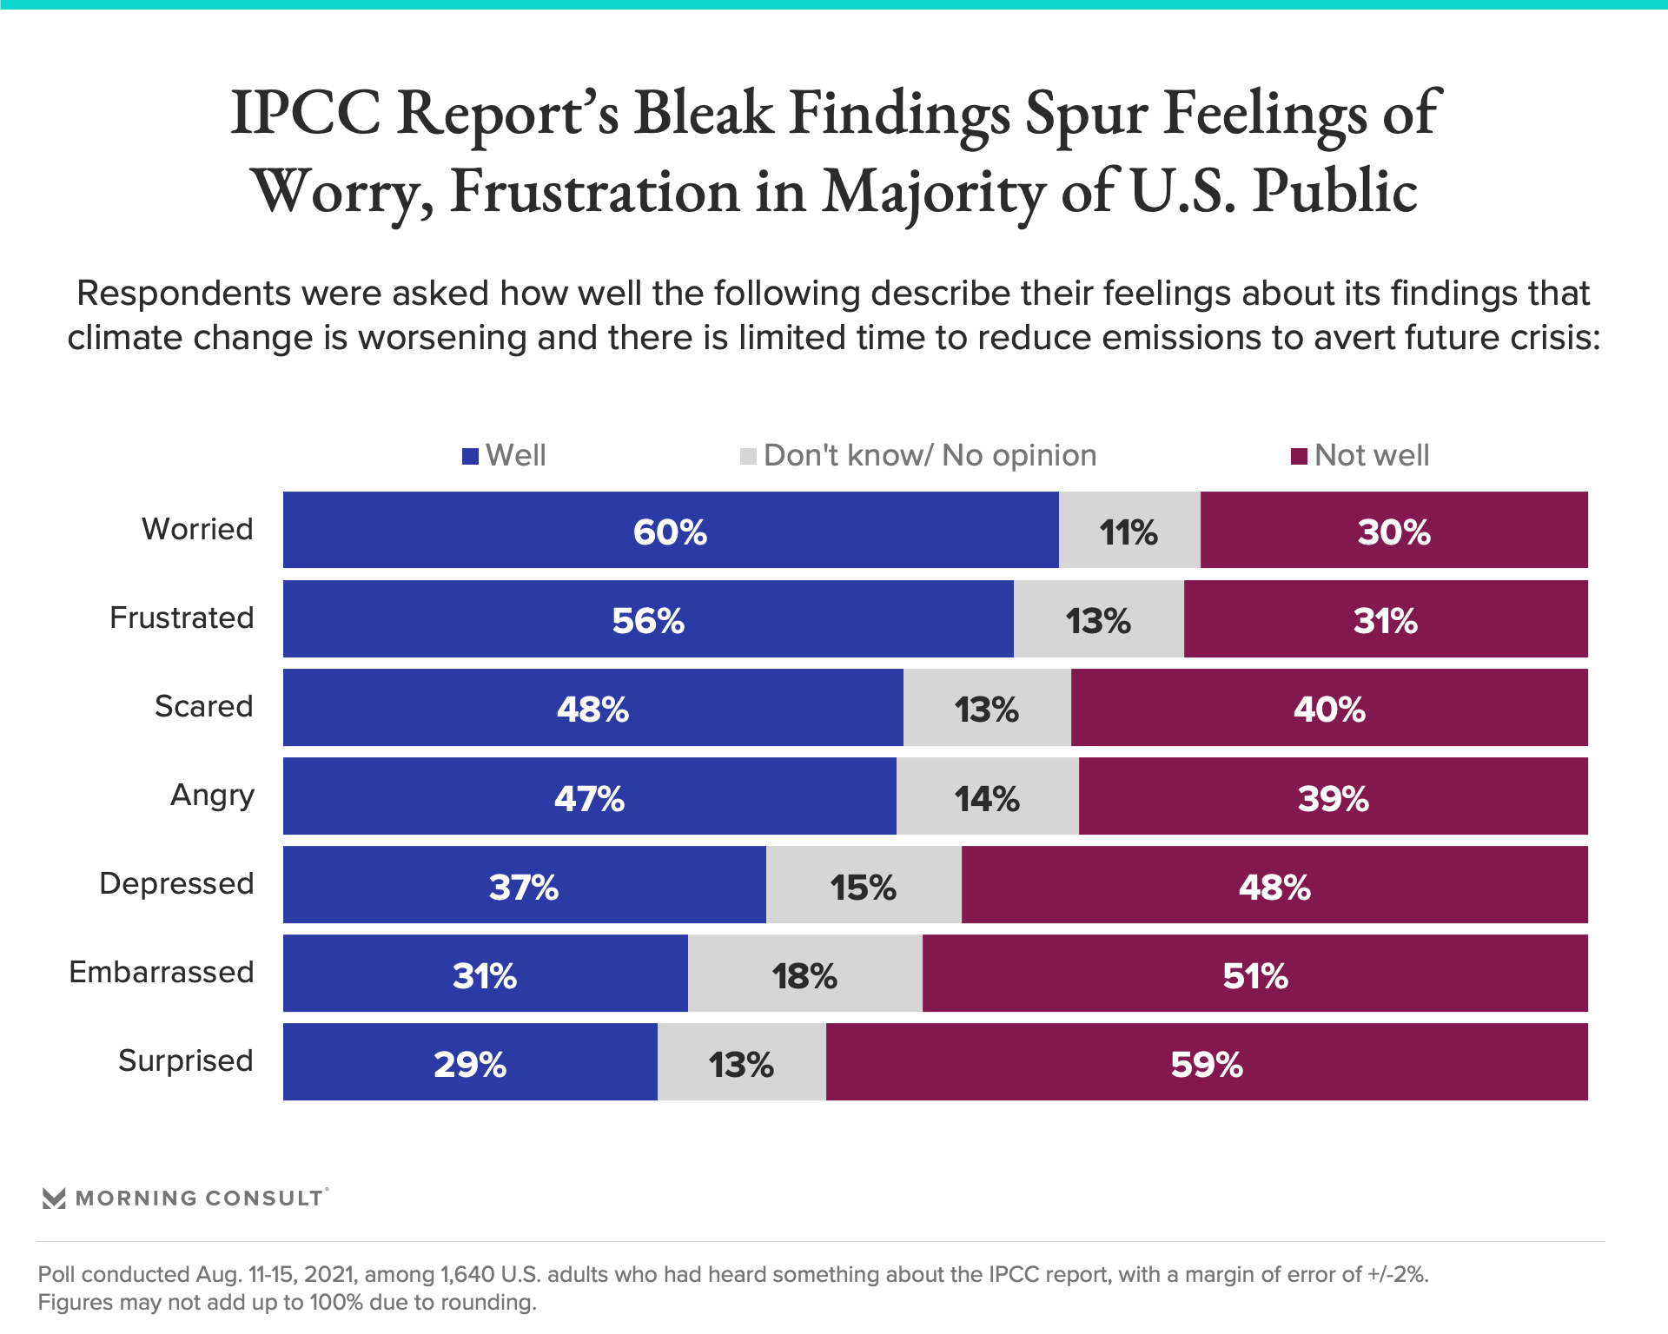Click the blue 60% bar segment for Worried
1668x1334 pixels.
671,531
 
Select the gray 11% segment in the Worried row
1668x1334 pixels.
1129,531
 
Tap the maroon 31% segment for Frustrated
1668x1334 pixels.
1385,619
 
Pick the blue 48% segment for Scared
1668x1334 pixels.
592,708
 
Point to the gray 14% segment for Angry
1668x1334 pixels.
987,796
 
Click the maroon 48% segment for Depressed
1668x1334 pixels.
1274,885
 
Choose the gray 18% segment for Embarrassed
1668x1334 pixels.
804,974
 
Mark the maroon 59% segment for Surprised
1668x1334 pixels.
1206,1062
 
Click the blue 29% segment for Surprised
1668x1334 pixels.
470,1062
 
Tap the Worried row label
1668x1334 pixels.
197,529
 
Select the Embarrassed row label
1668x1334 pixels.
162,972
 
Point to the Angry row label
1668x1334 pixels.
212,795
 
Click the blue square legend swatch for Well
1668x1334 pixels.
470,456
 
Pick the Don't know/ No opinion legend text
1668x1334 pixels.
930,455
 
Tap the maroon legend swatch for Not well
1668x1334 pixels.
1299,456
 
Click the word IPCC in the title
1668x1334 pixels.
305,113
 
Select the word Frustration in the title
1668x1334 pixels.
594,191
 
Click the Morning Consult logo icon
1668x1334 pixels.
54,1199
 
